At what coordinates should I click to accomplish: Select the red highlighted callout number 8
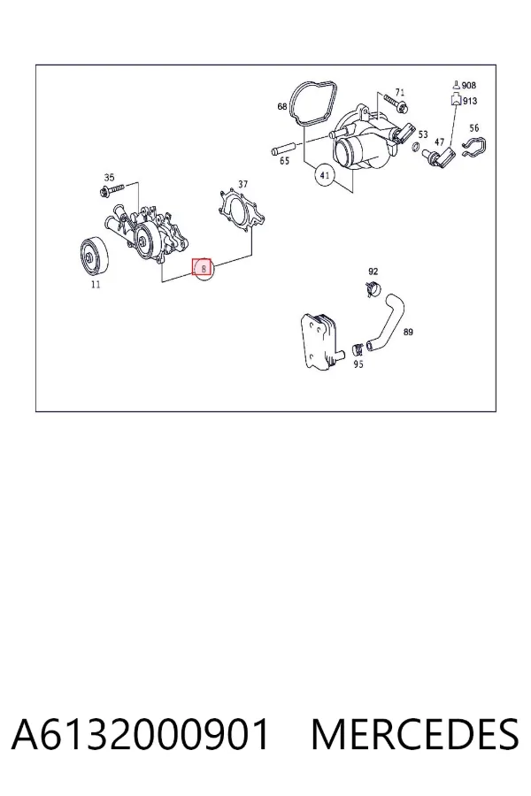click(x=202, y=267)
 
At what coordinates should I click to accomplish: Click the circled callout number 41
click(x=325, y=176)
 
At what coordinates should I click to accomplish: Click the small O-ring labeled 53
click(x=415, y=148)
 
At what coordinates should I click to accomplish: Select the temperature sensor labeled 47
click(x=440, y=157)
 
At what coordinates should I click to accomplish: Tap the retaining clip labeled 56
click(x=474, y=148)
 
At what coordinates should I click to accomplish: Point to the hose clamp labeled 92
click(x=373, y=287)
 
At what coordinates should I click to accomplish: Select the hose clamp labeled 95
click(x=358, y=348)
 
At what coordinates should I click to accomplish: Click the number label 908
click(x=468, y=85)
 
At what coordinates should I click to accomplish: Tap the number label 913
click(x=470, y=101)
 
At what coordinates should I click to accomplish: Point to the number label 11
click(x=96, y=284)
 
